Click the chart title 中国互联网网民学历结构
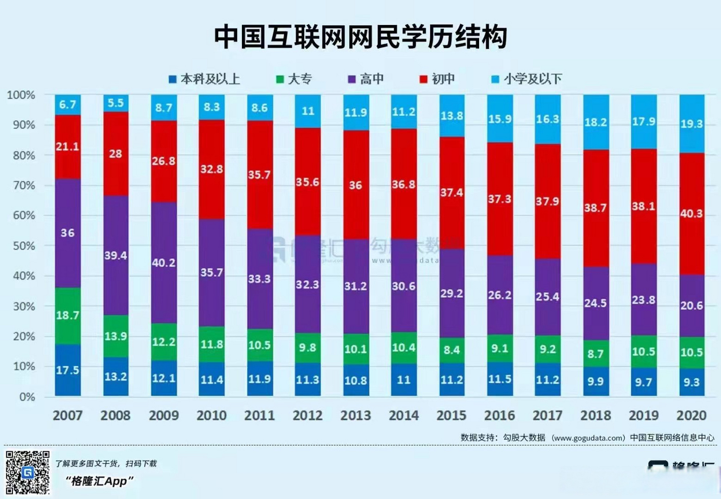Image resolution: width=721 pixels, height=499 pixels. coord(360,37)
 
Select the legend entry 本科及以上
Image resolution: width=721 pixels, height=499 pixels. coord(204,79)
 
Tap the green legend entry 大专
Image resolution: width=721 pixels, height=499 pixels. coord(294,79)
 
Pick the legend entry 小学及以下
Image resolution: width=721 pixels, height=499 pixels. coord(527,79)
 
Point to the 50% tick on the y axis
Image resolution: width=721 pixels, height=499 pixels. coord(24,246)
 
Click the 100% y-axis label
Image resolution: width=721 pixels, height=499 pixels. coord(21,95)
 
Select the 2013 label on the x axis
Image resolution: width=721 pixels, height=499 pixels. coord(355,416)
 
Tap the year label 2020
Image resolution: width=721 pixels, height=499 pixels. coord(691,416)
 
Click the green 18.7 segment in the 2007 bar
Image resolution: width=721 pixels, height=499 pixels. coord(67,315)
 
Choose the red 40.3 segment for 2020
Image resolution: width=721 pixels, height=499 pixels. coord(691,214)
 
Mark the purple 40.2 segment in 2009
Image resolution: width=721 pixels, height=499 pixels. coord(163,263)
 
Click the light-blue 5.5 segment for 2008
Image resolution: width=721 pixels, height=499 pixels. coord(115,103)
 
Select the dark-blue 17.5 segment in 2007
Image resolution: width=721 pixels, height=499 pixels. coord(67,370)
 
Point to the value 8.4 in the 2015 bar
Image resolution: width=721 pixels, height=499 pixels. coord(451,350)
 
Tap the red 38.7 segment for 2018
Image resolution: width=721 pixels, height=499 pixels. coord(595,208)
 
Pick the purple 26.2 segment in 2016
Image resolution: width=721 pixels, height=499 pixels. coord(499,295)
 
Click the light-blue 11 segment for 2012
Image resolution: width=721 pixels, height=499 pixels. coord(307,111)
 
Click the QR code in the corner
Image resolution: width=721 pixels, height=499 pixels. coord(27,472)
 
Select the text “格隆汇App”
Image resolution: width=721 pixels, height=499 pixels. coord(99,481)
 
